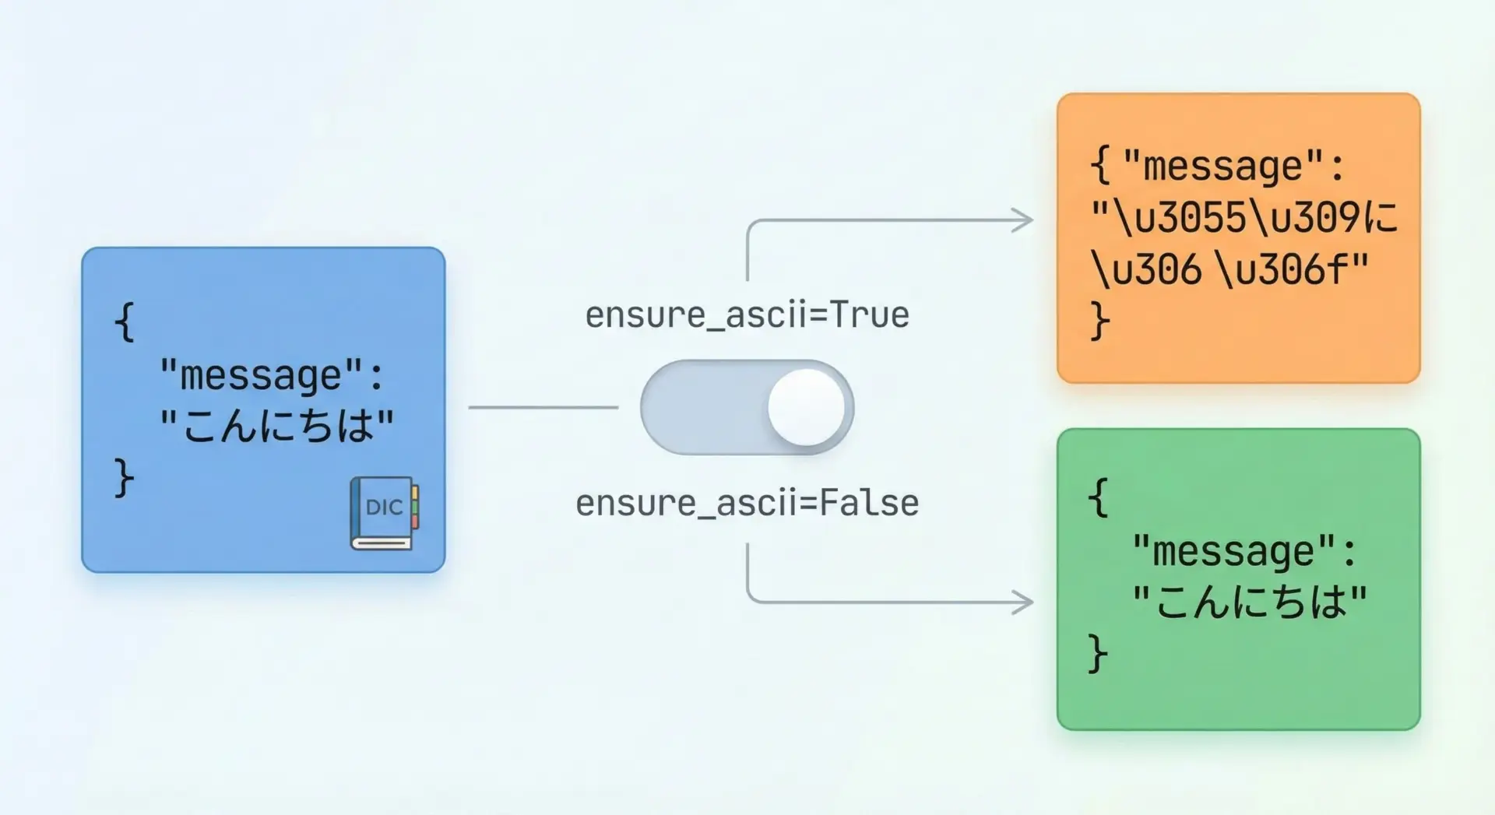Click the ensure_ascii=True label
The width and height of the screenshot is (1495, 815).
747,315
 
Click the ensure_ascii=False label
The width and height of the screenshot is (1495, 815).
747,503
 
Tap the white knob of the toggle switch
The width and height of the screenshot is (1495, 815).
806,407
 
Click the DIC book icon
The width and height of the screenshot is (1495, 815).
384,513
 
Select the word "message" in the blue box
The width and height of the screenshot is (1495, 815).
262,375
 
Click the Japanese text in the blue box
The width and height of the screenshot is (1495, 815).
277,426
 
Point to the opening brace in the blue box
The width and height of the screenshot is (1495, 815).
125,321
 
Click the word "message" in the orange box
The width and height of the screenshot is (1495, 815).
1223,166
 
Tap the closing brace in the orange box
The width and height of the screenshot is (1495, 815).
1099,321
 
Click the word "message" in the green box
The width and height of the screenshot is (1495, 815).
1233,551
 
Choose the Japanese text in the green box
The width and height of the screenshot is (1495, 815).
1250,602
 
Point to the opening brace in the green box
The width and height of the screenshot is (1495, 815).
1098,498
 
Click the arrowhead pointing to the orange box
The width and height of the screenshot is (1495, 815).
1022,220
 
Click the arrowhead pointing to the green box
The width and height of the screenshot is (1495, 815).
1022,602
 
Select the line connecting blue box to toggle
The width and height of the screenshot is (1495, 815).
543,407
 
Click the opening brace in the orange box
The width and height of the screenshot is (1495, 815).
1099,166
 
